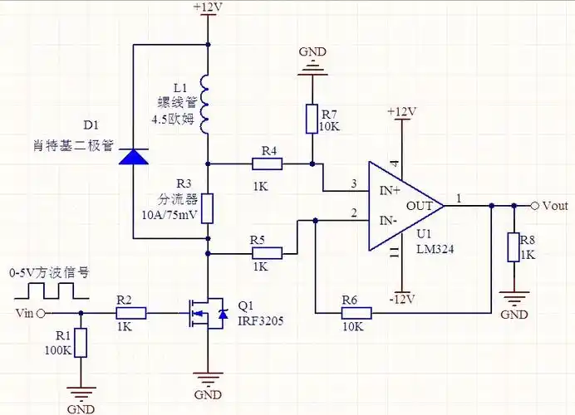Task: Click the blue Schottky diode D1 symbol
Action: click(x=133, y=156)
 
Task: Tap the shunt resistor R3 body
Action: click(x=207, y=207)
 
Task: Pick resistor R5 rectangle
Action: click(x=268, y=252)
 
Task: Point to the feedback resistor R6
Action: click(x=355, y=313)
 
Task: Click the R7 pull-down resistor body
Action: click(x=312, y=119)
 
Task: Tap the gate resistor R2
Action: click(x=131, y=313)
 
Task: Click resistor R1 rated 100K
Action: click(x=81, y=342)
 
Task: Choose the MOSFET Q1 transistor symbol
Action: click(x=207, y=314)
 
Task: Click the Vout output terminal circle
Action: click(x=535, y=205)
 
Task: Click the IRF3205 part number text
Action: click(x=261, y=320)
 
